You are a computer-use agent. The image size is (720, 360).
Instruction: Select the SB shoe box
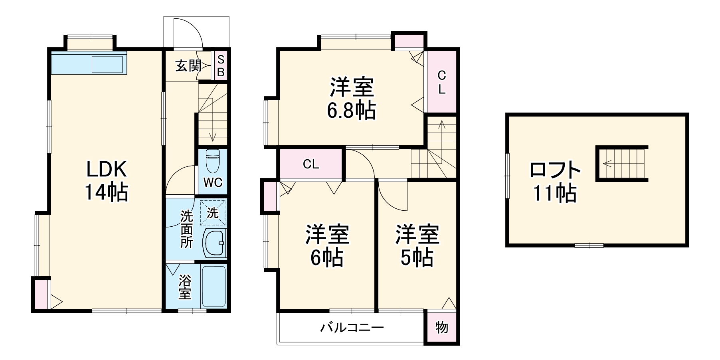click(221, 66)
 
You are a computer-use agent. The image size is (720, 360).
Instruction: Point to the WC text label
click(213, 182)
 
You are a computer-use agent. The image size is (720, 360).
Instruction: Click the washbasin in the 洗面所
click(215, 243)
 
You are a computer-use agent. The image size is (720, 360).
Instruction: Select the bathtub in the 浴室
click(214, 286)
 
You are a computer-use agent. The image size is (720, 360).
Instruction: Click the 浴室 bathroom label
click(184, 287)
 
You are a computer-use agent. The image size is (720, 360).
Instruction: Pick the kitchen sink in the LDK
click(107, 64)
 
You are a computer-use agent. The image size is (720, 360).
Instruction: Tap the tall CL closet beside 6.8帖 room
click(441, 82)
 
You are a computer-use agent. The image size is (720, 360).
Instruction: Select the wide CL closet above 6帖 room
click(311, 164)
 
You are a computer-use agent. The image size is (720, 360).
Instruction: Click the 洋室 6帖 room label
click(327, 246)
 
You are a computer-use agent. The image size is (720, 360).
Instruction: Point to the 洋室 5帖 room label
click(417, 246)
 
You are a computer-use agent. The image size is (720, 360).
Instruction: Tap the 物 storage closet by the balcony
click(442, 327)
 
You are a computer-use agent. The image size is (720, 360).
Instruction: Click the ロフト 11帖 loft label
click(555, 182)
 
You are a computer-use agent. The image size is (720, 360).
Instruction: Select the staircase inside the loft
click(622, 163)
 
